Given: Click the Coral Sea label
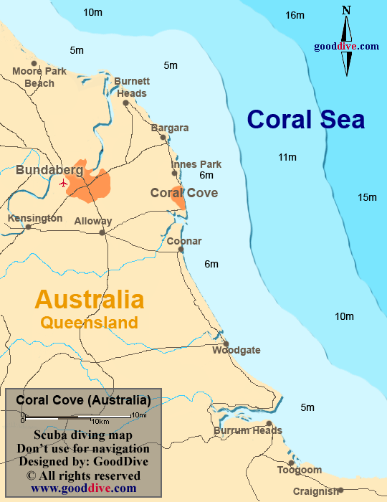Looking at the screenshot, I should (x=306, y=119).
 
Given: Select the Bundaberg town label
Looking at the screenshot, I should (x=49, y=171).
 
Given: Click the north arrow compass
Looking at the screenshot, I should (x=347, y=40).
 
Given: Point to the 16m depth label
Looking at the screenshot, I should (x=295, y=15).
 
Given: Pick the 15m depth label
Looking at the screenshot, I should (x=367, y=197).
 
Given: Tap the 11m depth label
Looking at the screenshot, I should (x=287, y=157).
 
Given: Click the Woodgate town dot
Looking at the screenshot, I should (x=226, y=344).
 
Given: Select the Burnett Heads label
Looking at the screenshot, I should (x=132, y=87).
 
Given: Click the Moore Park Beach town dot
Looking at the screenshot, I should (x=33, y=63).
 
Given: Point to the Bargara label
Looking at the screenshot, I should (x=170, y=128).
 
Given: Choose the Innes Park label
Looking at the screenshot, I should (x=196, y=164).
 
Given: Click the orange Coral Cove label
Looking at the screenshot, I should (x=183, y=193).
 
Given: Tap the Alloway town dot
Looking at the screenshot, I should (x=102, y=232).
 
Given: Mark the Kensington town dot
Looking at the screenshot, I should (x=28, y=227).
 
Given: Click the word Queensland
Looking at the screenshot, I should (x=89, y=322).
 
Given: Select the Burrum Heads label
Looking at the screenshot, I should (x=247, y=431).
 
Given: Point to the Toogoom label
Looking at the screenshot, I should (x=300, y=470).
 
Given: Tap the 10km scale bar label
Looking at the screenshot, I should (x=100, y=420).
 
